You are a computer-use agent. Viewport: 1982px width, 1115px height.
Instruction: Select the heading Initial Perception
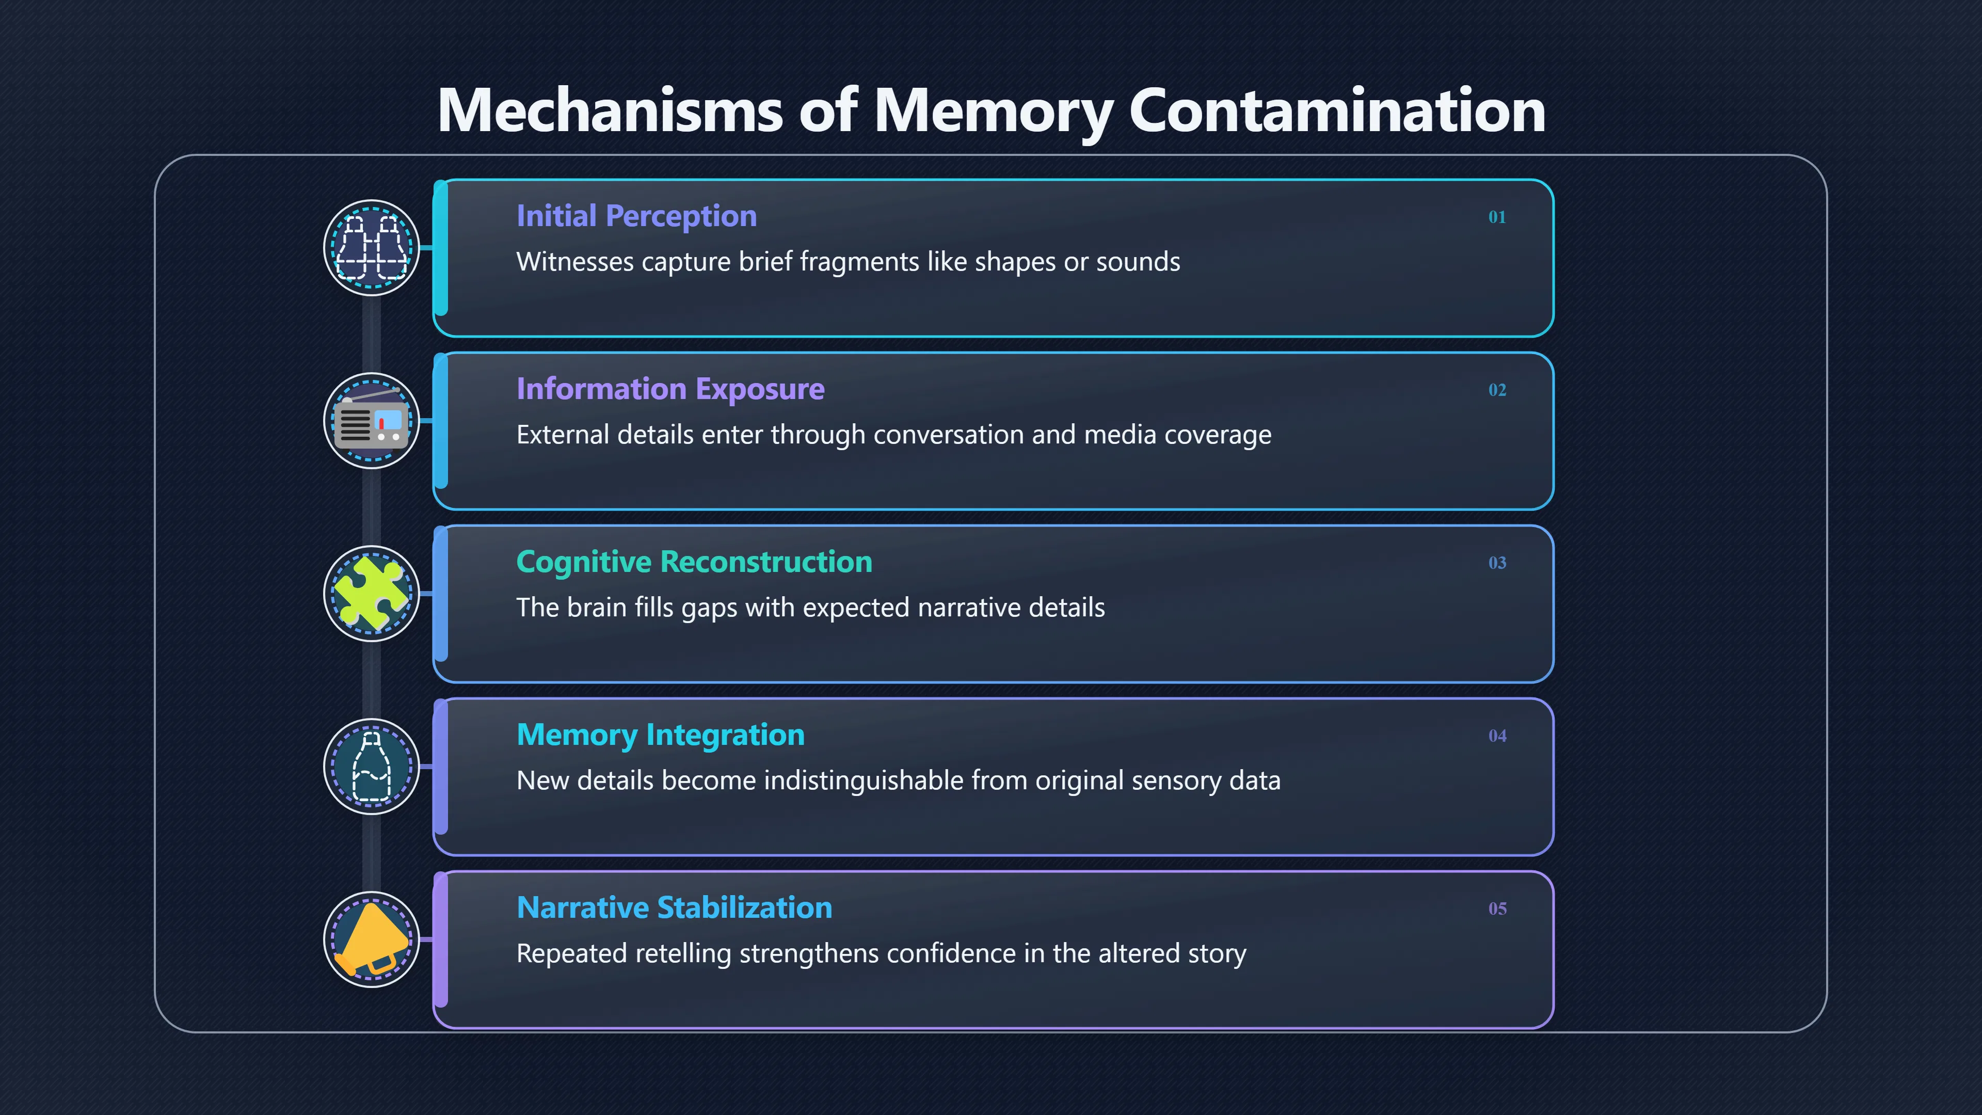(x=636, y=216)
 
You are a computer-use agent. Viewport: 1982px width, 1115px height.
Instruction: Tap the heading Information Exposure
(x=670, y=389)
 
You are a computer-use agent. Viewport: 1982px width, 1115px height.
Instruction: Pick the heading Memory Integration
(x=660, y=735)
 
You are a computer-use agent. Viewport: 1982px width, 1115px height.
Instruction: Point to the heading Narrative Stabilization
(x=674, y=908)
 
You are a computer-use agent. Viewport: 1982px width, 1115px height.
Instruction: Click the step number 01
(x=1496, y=217)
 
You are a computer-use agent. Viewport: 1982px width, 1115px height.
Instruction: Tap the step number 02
(x=1496, y=390)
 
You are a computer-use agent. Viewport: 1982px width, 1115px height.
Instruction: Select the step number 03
(x=1496, y=563)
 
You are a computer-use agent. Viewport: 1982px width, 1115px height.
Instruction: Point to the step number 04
(x=1496, y=736)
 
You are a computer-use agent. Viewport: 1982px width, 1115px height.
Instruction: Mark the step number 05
(x=1496, y=909)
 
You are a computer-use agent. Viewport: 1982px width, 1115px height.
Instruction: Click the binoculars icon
(x=372, y=248)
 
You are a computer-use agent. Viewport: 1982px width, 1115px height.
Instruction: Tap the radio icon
(x=372, y=420)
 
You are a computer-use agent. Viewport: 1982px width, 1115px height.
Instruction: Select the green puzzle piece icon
(x=372, y=593)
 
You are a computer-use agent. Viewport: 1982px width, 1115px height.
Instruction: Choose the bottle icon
(x=372, y=767)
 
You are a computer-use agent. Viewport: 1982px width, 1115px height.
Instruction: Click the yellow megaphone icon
(x=372, y=939)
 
